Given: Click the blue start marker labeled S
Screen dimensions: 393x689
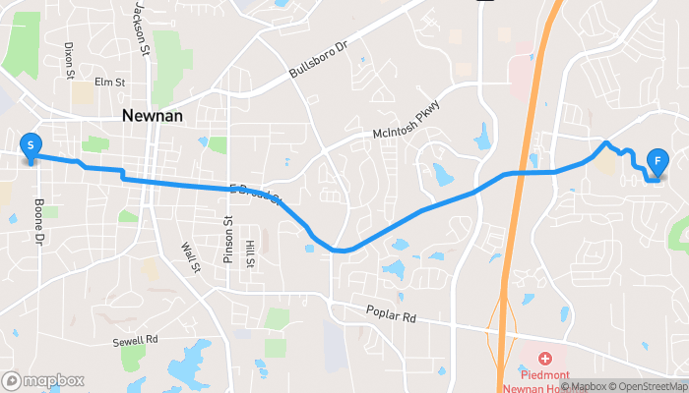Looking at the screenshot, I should pyautogui.click(x=31, y=146).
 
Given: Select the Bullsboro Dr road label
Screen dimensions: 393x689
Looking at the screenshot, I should pyautogui.click(x=319, y=62).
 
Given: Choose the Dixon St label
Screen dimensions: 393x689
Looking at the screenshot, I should pyautogui.click(x=69, y=59).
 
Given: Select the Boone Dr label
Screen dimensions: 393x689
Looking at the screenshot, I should pyautogui.click(x=40, y=222).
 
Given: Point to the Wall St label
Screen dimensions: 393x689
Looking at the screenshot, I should pyautogui.click(x=189, y=259).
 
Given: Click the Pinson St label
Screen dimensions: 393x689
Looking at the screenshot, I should pyautogui.click(x=226, y=240).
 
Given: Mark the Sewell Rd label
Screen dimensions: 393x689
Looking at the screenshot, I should pyautogui.click(x=136, y=340).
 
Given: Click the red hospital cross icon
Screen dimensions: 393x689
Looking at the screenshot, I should pyautogui.click(x=544, y=360).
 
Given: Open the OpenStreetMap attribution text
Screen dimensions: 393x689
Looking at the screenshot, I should pyautogui.click(x=645, y=386).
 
